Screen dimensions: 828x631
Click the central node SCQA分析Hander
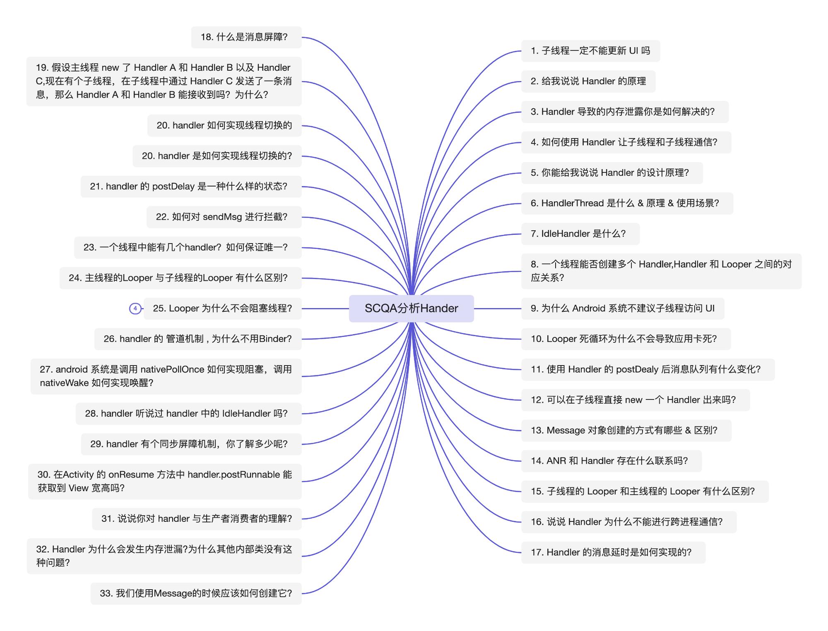coord(411,308)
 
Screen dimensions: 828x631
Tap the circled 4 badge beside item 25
coord(135,308)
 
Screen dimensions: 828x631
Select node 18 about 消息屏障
coord(246,37)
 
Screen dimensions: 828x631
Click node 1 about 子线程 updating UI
coord(590,51)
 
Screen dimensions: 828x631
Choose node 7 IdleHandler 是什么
coord(580,234)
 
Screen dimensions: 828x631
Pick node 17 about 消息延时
coord(613,552)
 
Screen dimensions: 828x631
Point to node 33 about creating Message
coord(196,594)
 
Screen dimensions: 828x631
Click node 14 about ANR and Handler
coord(611,461)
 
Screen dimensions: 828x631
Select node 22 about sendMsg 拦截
coord(224,217)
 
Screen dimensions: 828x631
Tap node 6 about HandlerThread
coord(627,203)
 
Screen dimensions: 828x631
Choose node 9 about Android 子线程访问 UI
coord(623,308)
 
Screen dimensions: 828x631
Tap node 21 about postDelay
coord(191,186)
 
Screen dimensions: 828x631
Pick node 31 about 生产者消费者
coord(197,519)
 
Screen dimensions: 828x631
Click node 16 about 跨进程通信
coord(629,522)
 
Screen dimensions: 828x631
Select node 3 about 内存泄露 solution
coord(625,112)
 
